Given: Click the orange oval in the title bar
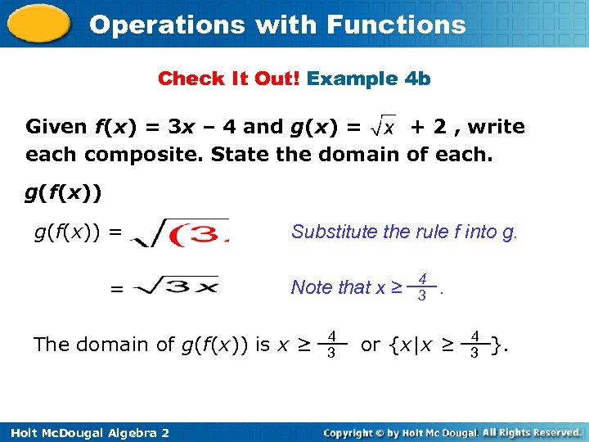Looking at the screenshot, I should pyautogui.click(x=38, y=24).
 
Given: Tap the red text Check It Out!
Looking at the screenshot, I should pyautogui.click(x=229, y=79).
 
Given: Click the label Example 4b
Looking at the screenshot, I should pyautogui.click(x=369, y=79).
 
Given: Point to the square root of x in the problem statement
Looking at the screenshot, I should pyautogui.click(x=384, y=126).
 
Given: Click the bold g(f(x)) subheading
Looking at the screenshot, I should pyautogui.click(x=63, y=193).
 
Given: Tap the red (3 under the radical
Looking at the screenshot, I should pyautogui.click(x=196, y=236).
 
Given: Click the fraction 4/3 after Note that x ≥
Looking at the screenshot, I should pyautogui.click(x=422, y=287).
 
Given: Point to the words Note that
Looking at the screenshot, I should pyautogui.click(x=330, y=287).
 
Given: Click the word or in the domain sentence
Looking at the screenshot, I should pyautogui.click(x=371, y=345).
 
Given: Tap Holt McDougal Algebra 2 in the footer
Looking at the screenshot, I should pyautogui.click(x=85, y=432).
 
